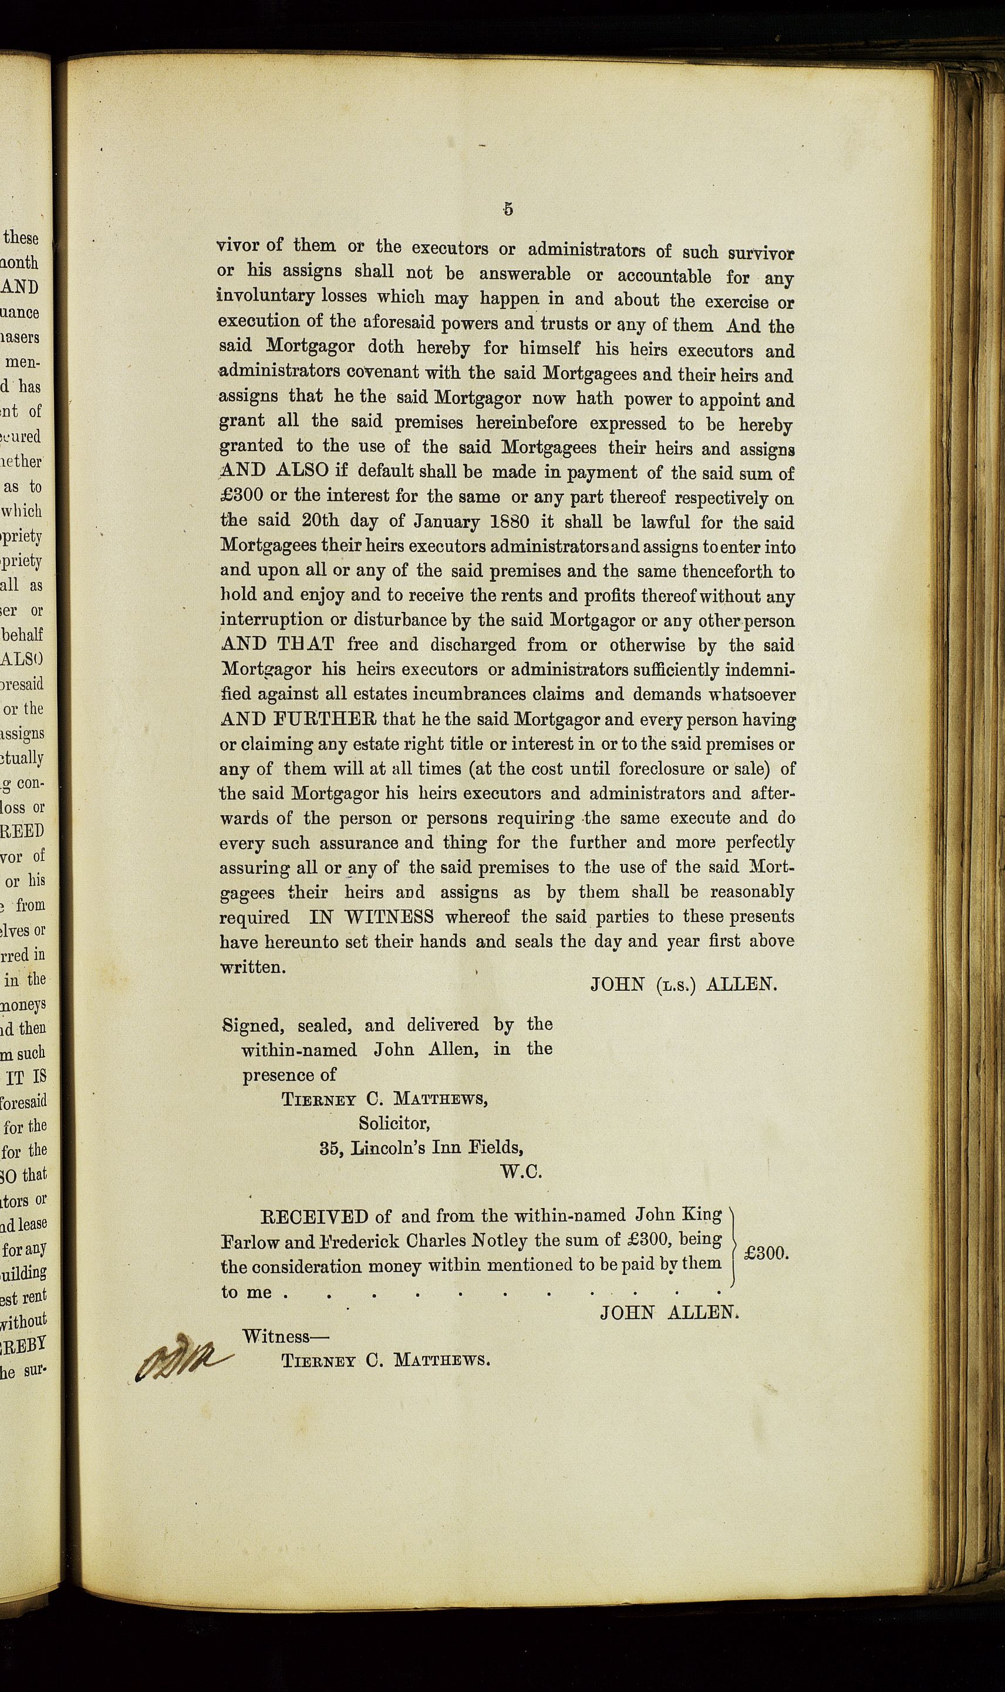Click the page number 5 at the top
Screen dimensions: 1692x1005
[x=508, y=209]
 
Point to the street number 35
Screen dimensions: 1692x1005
[x=330, y=1149]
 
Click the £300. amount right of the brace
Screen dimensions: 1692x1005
[x=766, y=1254]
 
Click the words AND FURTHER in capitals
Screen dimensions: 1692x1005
[x=299, y=718]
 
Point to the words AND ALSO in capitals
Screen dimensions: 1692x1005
[x=275, y=472]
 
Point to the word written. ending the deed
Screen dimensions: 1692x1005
[x=252, y=967]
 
